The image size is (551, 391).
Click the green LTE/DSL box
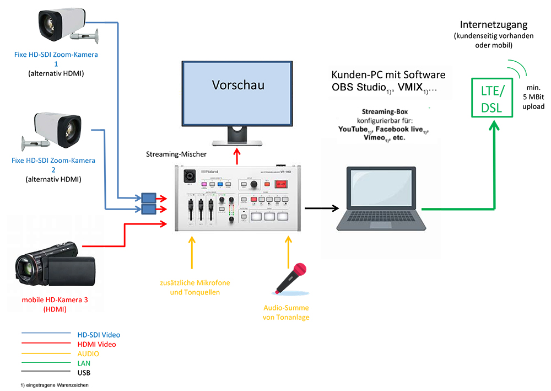(x=491, y=98)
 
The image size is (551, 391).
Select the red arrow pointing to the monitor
(x=237, y=156)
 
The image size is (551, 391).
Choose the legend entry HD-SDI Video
(x=99, y=335)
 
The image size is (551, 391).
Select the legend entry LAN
(x=84, y=363)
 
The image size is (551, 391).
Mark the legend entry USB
(x=84, y=373)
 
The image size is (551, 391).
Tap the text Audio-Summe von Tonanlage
(x=286, y=312)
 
